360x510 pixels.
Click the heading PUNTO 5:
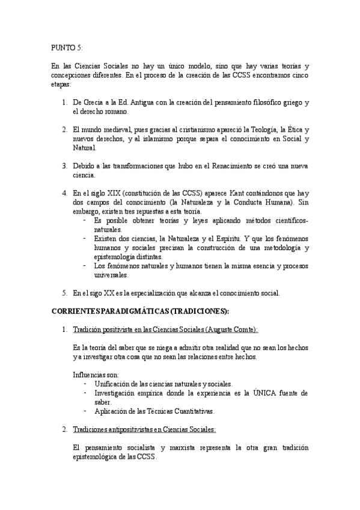tap(67, 47)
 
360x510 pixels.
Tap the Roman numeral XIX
tap(112, 192)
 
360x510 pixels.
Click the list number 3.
tap(65, 165)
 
